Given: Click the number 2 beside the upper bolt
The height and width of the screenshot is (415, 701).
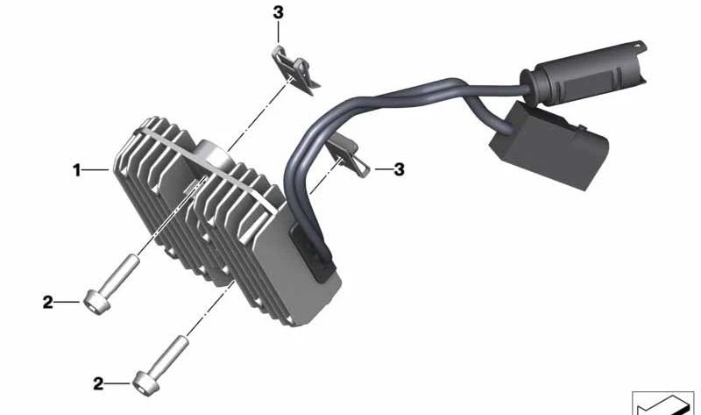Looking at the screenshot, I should click(x=48, y=303).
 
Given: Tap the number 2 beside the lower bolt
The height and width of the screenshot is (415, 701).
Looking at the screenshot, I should click(x=98, y=383).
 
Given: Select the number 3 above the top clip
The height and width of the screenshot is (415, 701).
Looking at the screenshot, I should click(x=278, y=12).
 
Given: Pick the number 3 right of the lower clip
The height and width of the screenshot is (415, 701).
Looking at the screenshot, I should click(x=400, y=169).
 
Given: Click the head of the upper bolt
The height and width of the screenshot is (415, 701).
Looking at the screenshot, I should click(x=94, y=302).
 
